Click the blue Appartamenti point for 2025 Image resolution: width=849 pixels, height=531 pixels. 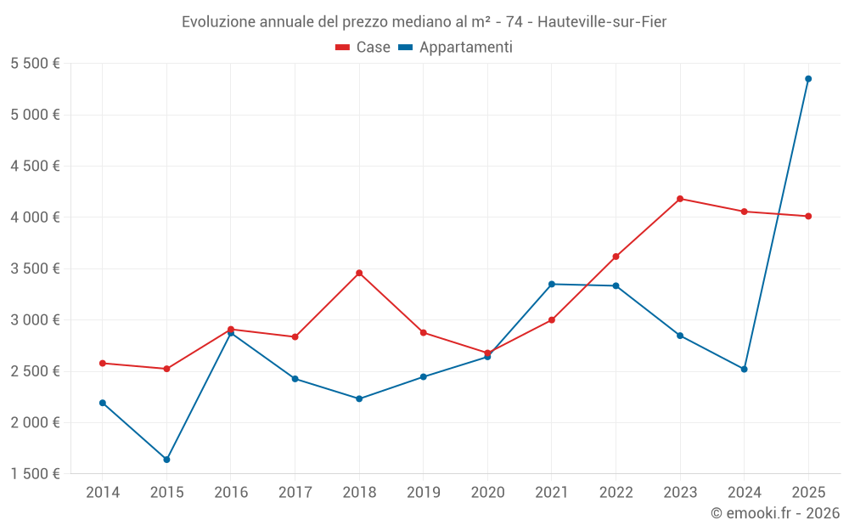click(x=808, y=79)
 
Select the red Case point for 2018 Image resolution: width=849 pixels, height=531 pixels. click(x=359, y=273)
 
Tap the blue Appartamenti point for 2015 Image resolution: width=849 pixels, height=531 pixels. click(x=166, y=460)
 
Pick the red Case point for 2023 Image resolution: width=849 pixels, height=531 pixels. click(x=680, y=199)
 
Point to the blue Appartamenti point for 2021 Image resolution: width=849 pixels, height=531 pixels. click(x=552, y=284)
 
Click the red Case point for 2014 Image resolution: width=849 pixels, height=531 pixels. click(x=103, y=363)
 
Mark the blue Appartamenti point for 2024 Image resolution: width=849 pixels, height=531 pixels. click(x=745, y=369)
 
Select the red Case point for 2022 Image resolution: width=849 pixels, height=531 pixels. click(x=616, y=257)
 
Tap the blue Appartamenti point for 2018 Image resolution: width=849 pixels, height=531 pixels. click(x=359, y=398)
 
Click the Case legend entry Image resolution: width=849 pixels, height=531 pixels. click(x=363, y=48)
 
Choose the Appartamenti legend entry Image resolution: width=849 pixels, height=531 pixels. click(x=456, y=48)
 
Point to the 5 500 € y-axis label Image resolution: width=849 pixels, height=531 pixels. click(x=36, y=64)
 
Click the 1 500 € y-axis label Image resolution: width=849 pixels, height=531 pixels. click(x=36, y=474)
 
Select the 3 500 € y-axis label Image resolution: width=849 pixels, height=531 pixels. click(x=36, y=268)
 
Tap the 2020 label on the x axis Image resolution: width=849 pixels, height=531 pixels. click(x=487, y=493)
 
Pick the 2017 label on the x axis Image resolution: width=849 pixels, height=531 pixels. click(x=295, y=493)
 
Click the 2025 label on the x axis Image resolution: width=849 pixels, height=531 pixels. click(x=808, y=493)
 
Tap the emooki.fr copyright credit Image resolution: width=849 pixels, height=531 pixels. click(x=775, y=513)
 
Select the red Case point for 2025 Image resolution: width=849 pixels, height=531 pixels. click(x=808, y=216)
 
